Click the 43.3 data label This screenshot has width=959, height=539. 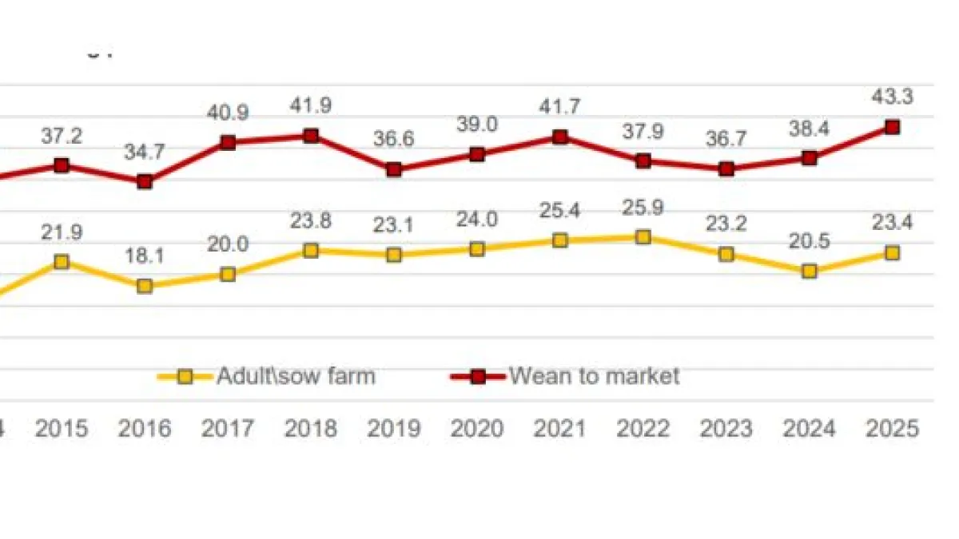[893, 97]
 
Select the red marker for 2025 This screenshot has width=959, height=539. [893, 127]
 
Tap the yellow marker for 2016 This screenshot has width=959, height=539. [145, 285]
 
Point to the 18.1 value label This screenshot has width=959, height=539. [145, 257]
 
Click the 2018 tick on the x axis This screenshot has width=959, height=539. [311, 429]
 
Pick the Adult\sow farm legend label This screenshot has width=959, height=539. [295, 375]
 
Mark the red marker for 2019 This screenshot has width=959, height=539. [394, 169]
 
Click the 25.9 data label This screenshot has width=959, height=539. [643, 208]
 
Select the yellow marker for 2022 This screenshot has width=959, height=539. [643, 236]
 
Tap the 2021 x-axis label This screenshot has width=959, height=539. [560, 429]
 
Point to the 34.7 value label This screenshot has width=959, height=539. [145, 152]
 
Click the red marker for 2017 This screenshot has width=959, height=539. [228, 143]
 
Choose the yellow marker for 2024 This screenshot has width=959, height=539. [810, 271]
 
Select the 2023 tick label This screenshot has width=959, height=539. [726, 429]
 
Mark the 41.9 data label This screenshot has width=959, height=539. [311, 106]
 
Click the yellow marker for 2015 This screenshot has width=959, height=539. [62, 262]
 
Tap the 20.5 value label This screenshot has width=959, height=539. [810, 242]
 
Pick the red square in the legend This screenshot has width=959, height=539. [478, 376]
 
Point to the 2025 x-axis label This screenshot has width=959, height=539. [893, 429]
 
